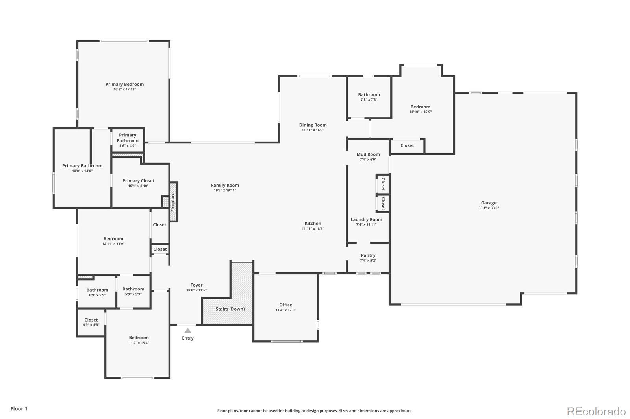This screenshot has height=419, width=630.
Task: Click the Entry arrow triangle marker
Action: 188,331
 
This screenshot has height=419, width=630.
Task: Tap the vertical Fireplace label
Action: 173,202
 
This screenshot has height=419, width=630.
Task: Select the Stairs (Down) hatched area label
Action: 230,309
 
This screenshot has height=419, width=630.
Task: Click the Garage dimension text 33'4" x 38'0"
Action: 488,208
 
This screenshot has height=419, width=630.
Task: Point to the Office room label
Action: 285,305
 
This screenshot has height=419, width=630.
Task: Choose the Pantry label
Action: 368,255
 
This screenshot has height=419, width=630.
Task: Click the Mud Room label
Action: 368,154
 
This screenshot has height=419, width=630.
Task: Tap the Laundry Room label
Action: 366,219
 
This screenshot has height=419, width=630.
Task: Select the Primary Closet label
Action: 138,181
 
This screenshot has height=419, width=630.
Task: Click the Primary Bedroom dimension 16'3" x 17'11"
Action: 124,90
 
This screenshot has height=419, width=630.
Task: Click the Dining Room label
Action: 313,125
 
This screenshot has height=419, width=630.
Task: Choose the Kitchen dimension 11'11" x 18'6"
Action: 313,229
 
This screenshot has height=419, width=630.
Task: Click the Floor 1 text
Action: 19,409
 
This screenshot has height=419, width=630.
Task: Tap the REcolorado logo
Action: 596,412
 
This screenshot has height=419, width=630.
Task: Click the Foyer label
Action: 196,285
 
